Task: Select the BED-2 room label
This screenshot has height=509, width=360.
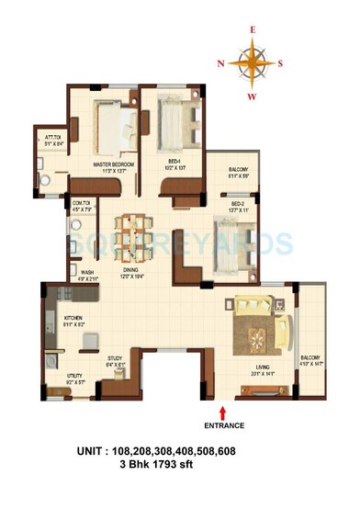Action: click(237, 203)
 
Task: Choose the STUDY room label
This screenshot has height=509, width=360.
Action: click(116, 360)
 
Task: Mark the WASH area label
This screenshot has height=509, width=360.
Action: click(87, 272)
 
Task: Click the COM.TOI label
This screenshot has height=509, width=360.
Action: click(80, 203)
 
